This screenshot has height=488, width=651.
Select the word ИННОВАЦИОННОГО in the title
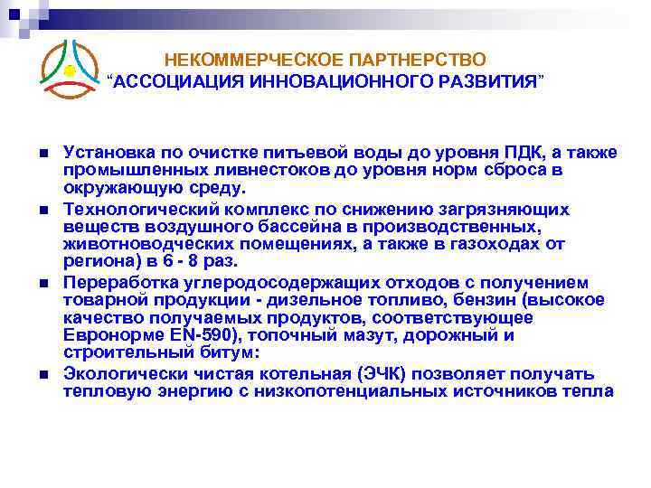pyautogui.click(x=337, y=81)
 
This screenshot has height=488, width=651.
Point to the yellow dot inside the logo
pyautogui.click(x=70, y=70)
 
